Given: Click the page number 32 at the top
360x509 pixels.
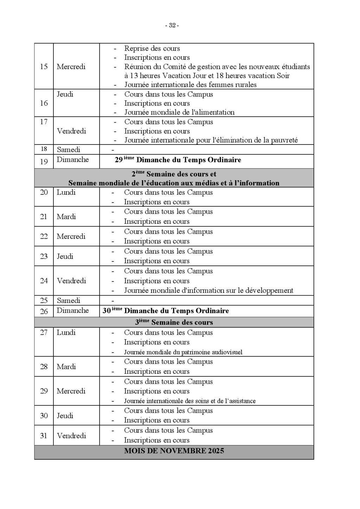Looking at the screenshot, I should tap(172, 25).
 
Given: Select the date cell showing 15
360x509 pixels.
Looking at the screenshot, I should tap(44, 66).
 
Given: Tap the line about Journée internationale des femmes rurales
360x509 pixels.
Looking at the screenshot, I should tap(190, 85).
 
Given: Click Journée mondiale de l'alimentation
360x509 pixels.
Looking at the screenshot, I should tap(179, 112).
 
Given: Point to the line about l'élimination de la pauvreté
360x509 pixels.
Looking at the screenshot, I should tap(211, 140).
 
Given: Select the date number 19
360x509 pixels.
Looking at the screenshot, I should tap(44, 162).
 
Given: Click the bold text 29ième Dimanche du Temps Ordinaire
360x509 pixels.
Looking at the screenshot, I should tap(178, 160).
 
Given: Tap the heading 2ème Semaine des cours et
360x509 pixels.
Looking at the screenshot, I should tap(174, 174).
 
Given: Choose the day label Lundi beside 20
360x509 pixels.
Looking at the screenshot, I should tap(66, 192).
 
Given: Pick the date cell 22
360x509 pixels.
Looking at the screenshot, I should tap(44, 236).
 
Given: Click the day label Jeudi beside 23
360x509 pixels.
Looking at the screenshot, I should tap(65, 256).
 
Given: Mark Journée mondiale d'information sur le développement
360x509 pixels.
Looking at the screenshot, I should tap(208, 291).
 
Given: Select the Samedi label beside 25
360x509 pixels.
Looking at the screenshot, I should tap(69, 301).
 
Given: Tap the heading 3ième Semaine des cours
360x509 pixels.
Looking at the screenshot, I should tap(174, 322).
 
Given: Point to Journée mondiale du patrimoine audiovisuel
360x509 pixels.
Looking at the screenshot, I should tap(183, 352).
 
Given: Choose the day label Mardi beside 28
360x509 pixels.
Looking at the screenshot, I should tap(66, 367).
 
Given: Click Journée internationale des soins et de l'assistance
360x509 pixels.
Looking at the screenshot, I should tap(190, 401).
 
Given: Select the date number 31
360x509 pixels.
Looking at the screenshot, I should tap(44, 436).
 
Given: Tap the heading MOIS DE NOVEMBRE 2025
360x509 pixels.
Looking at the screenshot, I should tap(174, 451).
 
